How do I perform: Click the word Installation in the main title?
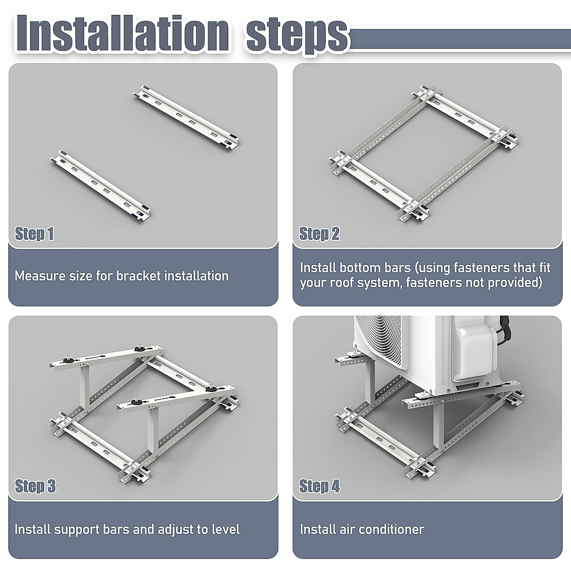pyautogui.click(x=122, y=33)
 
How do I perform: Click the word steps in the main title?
pyautogui.click(x=297, y=36)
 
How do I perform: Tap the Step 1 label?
pyautogui.click(x=34, y=234)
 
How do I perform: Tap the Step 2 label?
pyautogui.click(x=319, y=234)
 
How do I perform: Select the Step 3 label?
pyautogui.click(x=35, y=486)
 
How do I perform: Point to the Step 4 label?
pyautogui.click(x=319, y=486)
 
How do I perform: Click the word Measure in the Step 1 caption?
pyautogui.click(x=39, y=276)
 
